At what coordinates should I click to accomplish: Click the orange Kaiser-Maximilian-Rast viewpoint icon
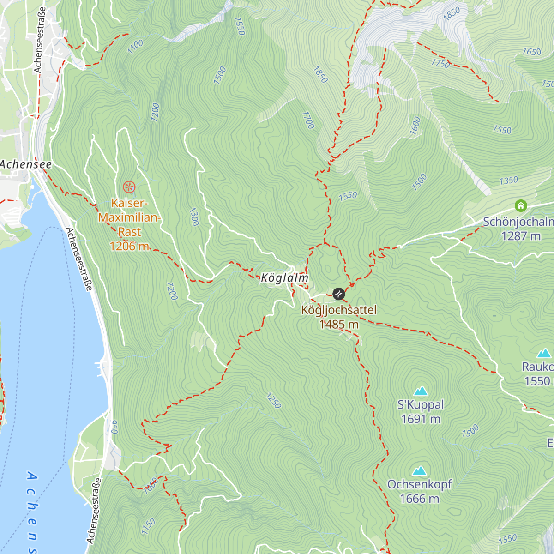pyautogui.click(x=129, y=187)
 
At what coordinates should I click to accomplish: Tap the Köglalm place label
pyautogui.click(x=284, y=278)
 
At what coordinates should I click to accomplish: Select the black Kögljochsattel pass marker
pyautogui.click(x=338, y=294)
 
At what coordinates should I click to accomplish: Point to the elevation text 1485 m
pyautogui.click(x=339, y=325)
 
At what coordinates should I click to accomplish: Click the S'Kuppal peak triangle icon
pyautogui.click(x=420, y=391)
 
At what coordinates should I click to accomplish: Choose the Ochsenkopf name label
pyautogui.click(x=419, y=484)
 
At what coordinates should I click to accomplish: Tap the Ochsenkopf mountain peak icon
pyautogui.click(x=419, y=471)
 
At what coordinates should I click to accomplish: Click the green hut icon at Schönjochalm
pyautogui.click(x=521, y=205)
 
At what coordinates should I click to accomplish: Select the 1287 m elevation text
pyautogui.click(x=521, y=236)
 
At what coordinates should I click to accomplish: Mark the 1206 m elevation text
pyautogui.click(x=129, y=246)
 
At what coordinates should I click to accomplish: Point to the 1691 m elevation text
pyautogui.click(x=421, y=419)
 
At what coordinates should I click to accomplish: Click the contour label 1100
pyautogui.click(x=135, y=47)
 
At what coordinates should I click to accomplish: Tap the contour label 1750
pyautogui.click(x=440, y=63)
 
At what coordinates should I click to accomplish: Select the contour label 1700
pyautogui.click(x=308, y=120)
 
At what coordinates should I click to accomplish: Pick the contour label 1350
pyautogui.click(x=509, y=181)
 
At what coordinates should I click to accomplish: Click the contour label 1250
pyautogui.click(x=273, y=401)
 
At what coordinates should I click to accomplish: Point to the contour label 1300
pyautogui.click(x=194, y=217)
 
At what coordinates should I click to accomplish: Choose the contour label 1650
pyautogui.click(x=531, y=52)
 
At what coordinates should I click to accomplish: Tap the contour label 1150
pyautogui.click(x=148, y=527)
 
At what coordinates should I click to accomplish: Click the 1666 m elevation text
pyautogui.click(x=419, y=499)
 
